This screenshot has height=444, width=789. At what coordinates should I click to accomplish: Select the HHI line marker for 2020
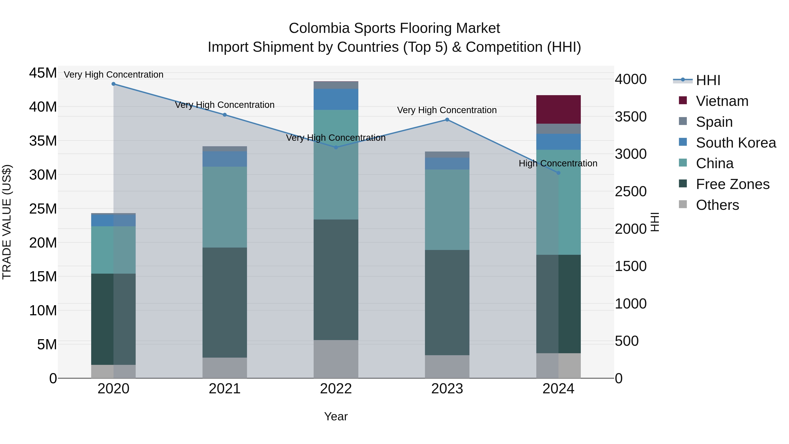(113, 84)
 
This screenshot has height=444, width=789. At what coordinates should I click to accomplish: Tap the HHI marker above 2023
(447, 120)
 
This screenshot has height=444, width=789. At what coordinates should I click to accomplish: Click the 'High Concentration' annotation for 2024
(558, 164)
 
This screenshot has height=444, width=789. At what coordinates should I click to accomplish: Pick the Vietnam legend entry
(722, 101)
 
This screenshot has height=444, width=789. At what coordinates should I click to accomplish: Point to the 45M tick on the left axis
(43, 73)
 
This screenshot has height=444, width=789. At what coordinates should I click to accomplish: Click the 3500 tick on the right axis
(631, 117)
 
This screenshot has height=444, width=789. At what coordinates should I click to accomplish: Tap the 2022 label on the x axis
(336, 389)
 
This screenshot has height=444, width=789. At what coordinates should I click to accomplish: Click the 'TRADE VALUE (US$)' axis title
(7, 222)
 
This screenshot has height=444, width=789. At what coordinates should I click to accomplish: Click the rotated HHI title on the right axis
(654, 222)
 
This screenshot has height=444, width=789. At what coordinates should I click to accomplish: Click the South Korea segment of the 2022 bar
(336, 99)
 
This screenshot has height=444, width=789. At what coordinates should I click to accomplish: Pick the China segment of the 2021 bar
(224, 207)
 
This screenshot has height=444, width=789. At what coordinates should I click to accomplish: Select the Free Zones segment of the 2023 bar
(447, 302)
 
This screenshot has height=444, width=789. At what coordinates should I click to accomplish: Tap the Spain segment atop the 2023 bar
(447, 154)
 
